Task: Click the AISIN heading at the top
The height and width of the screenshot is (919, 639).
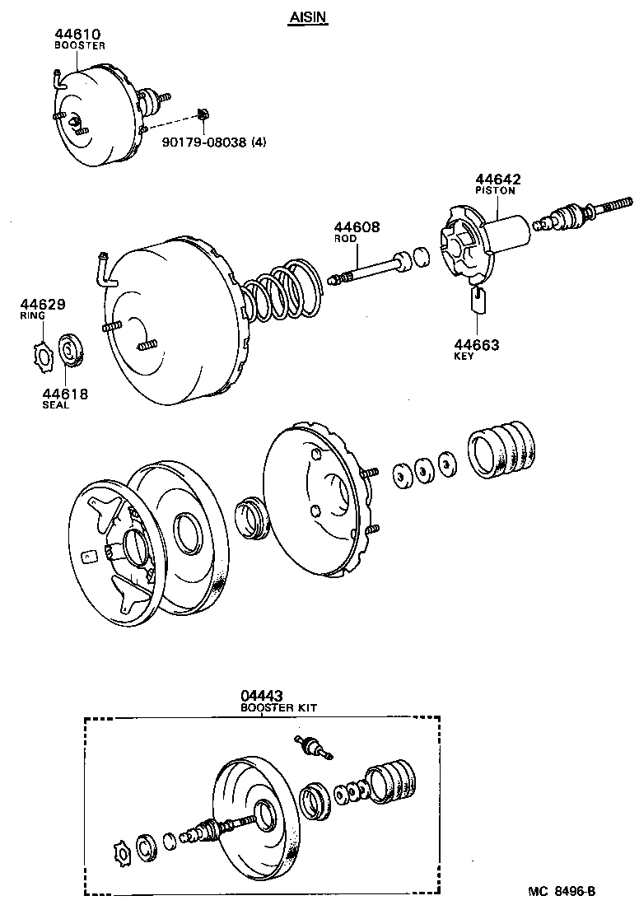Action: pos(309,17)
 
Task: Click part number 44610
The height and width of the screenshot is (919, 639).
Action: pos(77,34)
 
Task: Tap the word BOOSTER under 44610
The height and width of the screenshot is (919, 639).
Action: pos(80,46)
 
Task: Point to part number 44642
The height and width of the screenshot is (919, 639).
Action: pos(497,179)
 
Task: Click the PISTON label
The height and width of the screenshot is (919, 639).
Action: pos(495,191)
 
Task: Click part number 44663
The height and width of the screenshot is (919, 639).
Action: pos(476,344)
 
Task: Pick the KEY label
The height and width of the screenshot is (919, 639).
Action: pos(464,357)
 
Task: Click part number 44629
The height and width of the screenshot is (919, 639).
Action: pos(44,303)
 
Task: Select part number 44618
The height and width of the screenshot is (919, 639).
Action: pos(65,394)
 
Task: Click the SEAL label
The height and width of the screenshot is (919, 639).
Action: pos(56,406)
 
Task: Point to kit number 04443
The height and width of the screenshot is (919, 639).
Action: pos(262,695)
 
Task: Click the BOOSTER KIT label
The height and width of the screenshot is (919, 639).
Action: pos(278,707)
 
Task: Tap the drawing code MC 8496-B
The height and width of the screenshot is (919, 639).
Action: pos(562,893)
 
